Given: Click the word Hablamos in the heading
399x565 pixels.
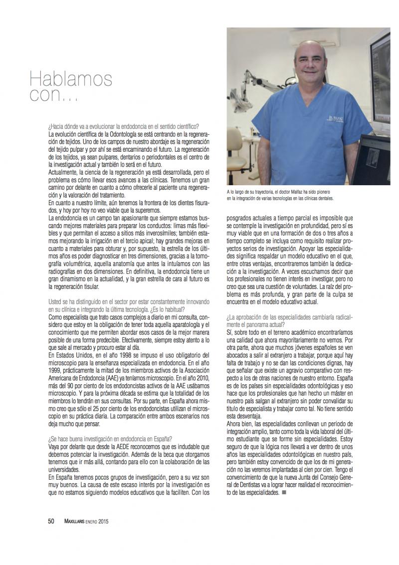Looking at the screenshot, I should [71, 78].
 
